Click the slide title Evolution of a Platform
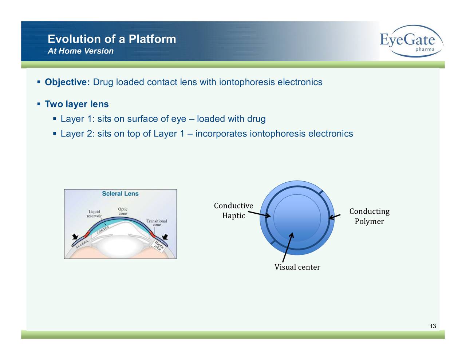[112, 39]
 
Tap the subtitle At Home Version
[80, 51]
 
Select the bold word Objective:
[67, 82]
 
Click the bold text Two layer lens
[76, 104]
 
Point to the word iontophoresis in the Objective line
[246, 82]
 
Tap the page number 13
[433, 326]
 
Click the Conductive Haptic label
[233, 211]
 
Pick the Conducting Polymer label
[369, 216]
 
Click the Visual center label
[297, 267]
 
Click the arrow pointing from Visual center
[287, 247]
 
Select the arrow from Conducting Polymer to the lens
[335, 216]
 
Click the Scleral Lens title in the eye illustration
[120, 194]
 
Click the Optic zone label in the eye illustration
[123, 211]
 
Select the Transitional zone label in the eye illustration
[157, 223]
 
